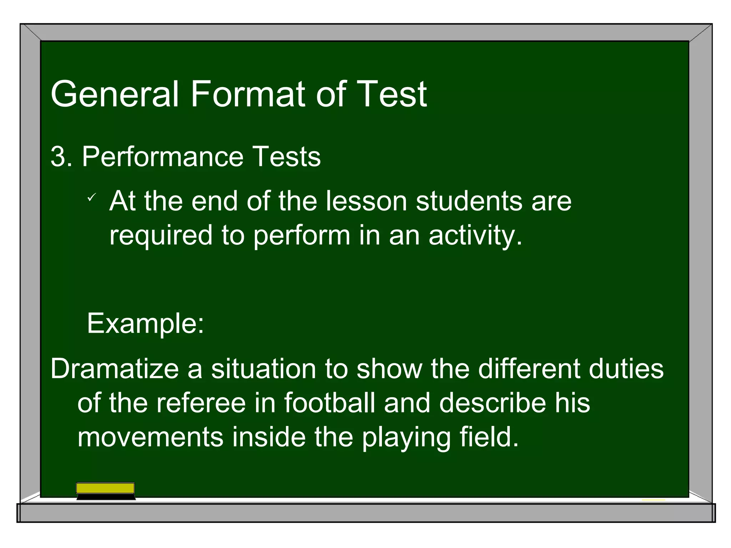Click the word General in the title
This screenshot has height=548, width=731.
pyautogui.click(x=114, y=94)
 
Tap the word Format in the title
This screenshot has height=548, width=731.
pyautogui.click(x=248, y=94)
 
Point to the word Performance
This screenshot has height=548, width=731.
pyautogui.click(x=163, y=157)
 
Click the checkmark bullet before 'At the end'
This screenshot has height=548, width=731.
pyautogui.click(x=92, y=197)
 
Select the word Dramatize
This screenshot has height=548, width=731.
pyautogui.click(x=115, y=369)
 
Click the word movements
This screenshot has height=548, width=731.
pyautogui.click(x=150, y=437)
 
